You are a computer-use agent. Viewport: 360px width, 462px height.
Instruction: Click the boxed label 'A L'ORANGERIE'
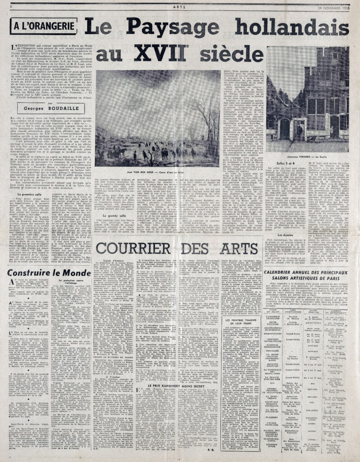point(40,27)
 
